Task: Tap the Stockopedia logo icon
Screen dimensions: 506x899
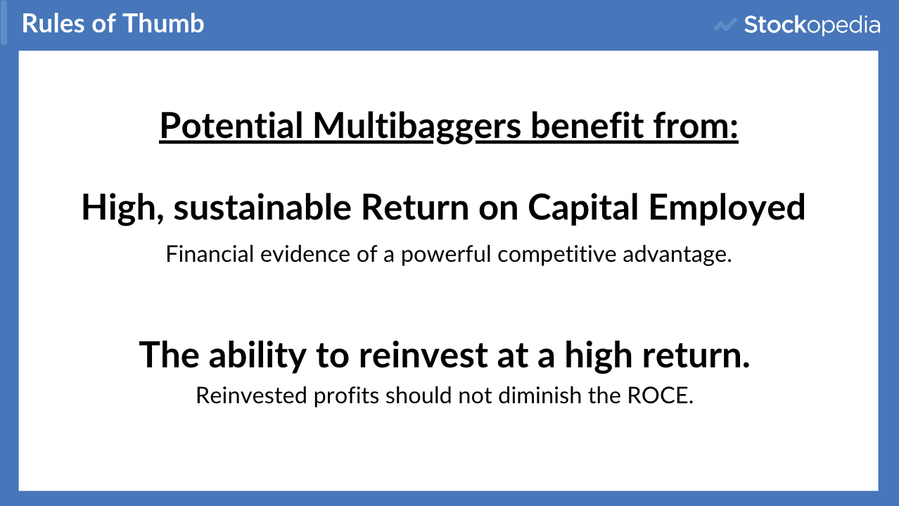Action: (x=725, y=26)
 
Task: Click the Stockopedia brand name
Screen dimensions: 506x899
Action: (x=812, y=26)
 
